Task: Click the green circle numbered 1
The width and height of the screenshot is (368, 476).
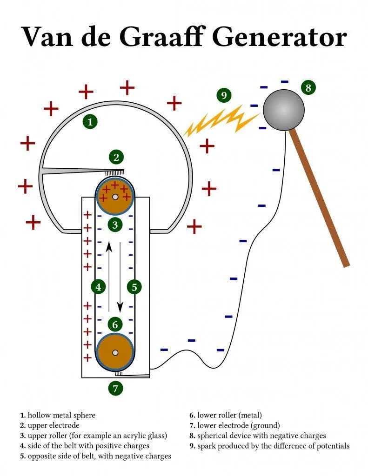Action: coord(90,122)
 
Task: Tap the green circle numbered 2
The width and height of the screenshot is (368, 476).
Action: coord(116,157)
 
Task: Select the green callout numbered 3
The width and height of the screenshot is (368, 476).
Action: coord(115,225)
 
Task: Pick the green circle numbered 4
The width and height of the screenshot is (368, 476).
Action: coord(98,287)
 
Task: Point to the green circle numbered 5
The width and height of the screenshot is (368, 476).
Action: coord(134,287)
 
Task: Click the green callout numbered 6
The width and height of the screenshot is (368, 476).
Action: coord(115,324)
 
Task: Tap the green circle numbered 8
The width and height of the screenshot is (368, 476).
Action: coord(308,87)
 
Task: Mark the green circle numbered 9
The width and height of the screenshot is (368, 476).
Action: coord(224,95)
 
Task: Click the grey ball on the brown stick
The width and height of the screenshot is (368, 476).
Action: coord(283,110)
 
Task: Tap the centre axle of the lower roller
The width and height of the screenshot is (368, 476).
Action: coord(115,352)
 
